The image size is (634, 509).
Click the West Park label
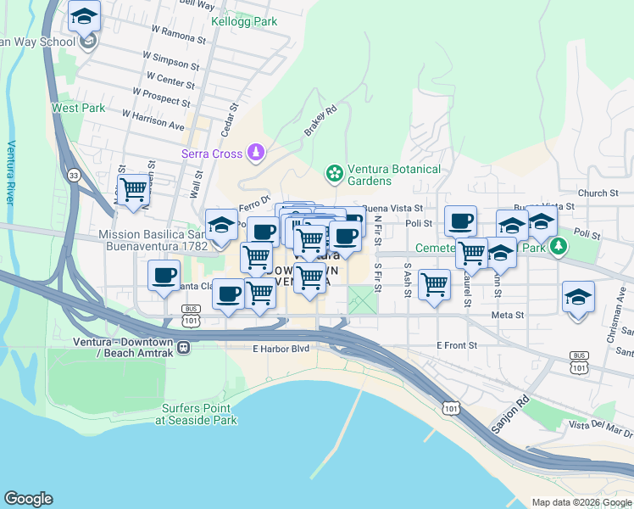[x=78, y=108]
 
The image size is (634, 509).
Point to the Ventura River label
[x=11, y=173]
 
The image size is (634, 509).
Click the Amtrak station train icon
[x=183, y=346]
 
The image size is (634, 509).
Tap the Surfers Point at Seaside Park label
[x=199, y=414]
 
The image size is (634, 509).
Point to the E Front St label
[x=458, y=345]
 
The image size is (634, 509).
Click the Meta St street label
[x=508, y=315]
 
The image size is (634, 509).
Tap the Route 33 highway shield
[x=74, y=175]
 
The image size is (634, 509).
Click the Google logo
[x=28, y=499]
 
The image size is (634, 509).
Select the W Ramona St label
[x=178, y=34]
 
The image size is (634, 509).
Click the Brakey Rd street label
[x=320, y=121]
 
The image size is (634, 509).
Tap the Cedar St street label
[x=228, y=118]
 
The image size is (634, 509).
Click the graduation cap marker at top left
[x=85, y=18]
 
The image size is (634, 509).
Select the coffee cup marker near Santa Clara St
[x=164, y=276]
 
